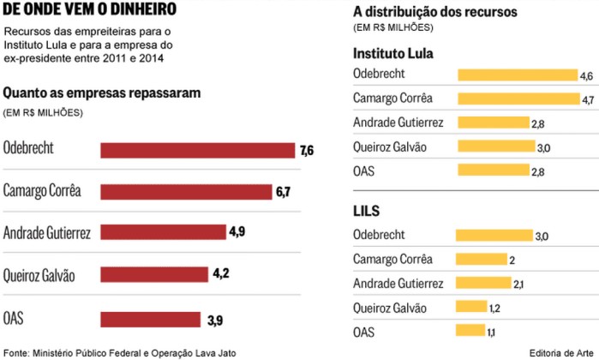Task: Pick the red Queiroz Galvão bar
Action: coord(154,274)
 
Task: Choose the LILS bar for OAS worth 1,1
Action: coord(471,331)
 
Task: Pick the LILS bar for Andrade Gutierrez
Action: coord(483,283)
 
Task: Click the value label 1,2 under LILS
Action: coord(494,307)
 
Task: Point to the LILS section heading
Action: coord(366,210)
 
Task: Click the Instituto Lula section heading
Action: coord(393,53)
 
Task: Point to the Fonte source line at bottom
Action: coord(119,352)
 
